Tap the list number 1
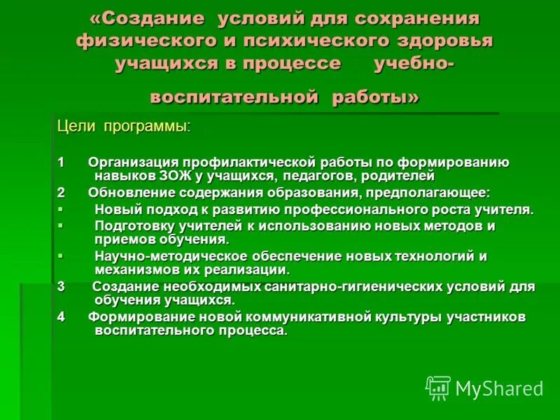[x=62, y=162]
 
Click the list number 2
[x=62, y=192]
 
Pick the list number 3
[x=62, y=286]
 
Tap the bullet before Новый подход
[x=60, y=208]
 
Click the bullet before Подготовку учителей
[x=60, y=225]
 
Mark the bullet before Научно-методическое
[x=60, y=255]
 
